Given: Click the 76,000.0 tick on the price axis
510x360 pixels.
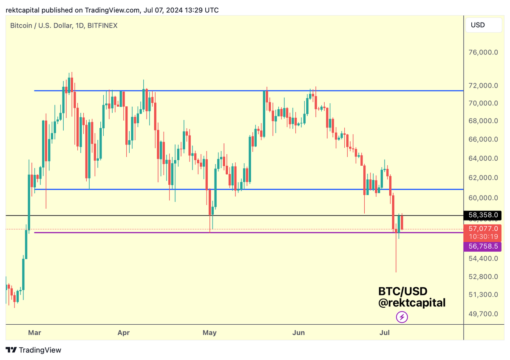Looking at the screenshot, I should [x=483, y=53].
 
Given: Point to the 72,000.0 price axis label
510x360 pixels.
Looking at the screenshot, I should [x=483, y=85].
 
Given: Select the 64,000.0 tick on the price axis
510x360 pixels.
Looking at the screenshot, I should [x=483, y=159].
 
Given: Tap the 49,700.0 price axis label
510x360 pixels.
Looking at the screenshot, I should [x=483, y=314].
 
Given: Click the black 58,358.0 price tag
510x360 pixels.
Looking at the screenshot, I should [x=483, y=216].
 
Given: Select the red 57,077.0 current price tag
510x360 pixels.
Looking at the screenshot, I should [x=483, y=229].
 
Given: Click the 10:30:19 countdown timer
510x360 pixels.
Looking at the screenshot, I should [x=483, y=236].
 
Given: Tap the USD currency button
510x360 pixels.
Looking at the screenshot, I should [x=478, y=25].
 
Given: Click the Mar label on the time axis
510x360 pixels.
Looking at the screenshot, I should [x=34, y=333].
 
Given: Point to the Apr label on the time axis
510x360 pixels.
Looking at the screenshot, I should [x=123, y=333].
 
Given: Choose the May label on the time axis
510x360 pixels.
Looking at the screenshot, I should [x=210, y=333].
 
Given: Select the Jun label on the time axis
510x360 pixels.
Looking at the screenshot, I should [x=299, y=333].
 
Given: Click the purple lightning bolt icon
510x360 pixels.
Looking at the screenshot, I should [x=402, y=317].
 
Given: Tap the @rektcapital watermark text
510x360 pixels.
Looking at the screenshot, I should [x=412, y=303].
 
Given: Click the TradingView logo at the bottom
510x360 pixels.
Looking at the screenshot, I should [x=34, y=350].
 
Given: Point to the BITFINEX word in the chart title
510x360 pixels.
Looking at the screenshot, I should [x=102, y=26].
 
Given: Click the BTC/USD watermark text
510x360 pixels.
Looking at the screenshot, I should [x=402, y=291].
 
